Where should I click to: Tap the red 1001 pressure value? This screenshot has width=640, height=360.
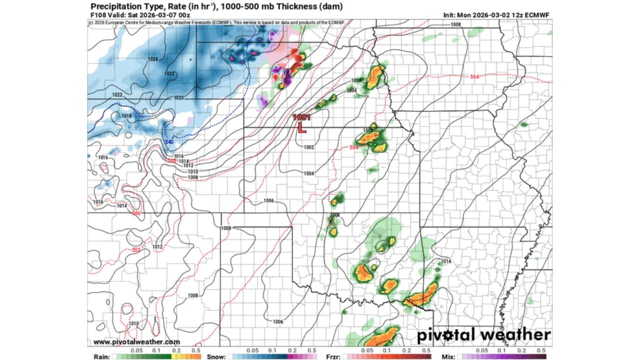302,117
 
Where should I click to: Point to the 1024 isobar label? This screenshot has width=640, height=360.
153,59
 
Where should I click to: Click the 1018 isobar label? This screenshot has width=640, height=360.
126,116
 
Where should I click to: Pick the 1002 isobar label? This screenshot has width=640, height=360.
308,147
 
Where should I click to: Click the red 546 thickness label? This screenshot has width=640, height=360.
136,213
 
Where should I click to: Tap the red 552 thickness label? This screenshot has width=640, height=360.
136,249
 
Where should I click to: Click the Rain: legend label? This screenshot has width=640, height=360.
100,356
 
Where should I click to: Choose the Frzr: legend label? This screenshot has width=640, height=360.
332,356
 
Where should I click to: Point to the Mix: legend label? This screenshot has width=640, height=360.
448,356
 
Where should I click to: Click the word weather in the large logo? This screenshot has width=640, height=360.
513,334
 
